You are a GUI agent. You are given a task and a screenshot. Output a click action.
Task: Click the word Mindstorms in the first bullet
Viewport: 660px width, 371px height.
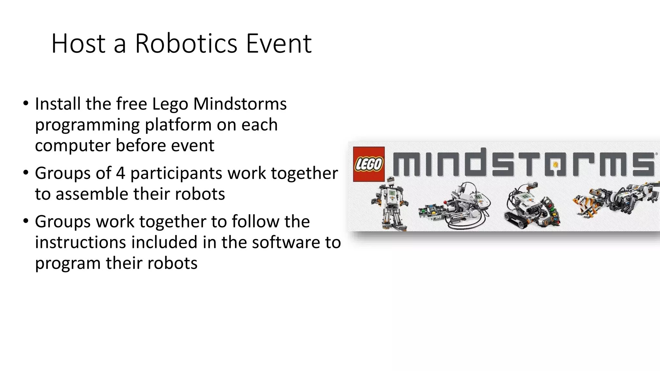pos(240,104)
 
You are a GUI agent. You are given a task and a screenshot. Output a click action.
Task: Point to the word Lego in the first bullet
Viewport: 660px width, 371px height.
pos(170,104)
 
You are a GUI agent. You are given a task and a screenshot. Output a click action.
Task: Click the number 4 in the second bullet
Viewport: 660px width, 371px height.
pos(120,173)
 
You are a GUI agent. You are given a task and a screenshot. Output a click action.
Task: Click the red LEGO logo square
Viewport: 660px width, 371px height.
pos(369,164)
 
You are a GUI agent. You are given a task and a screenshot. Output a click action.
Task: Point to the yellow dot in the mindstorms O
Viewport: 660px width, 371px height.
pos(555,165)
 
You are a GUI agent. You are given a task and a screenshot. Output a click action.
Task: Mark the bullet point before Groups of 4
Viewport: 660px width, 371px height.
pos(25,173)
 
